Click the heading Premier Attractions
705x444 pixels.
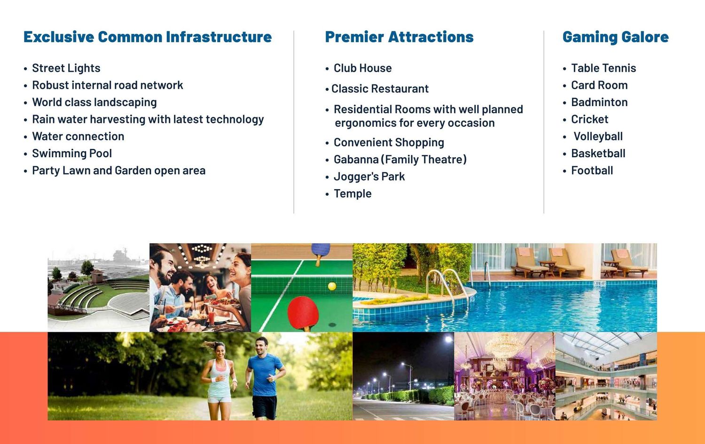[x=399, y=37]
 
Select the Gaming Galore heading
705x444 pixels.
[x=616, y=38]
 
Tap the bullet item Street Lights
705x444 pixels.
[x=66, y=68]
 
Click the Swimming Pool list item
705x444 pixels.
[x=72, y=153]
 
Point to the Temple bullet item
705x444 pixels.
[x=352, y=193]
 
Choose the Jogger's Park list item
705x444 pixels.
[x=369, y=176]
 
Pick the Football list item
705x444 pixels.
[x=592, y=171]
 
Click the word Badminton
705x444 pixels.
[x=599, y=102]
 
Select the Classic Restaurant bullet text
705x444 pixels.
[x=380, y=89]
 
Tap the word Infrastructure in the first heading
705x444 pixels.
[x=219, y=37]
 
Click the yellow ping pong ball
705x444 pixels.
[x=332, y=286]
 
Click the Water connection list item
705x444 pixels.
[x=78, y=137]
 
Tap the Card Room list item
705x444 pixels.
[x=599, y=85]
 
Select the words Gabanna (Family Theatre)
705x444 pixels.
[x=400, y=160]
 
